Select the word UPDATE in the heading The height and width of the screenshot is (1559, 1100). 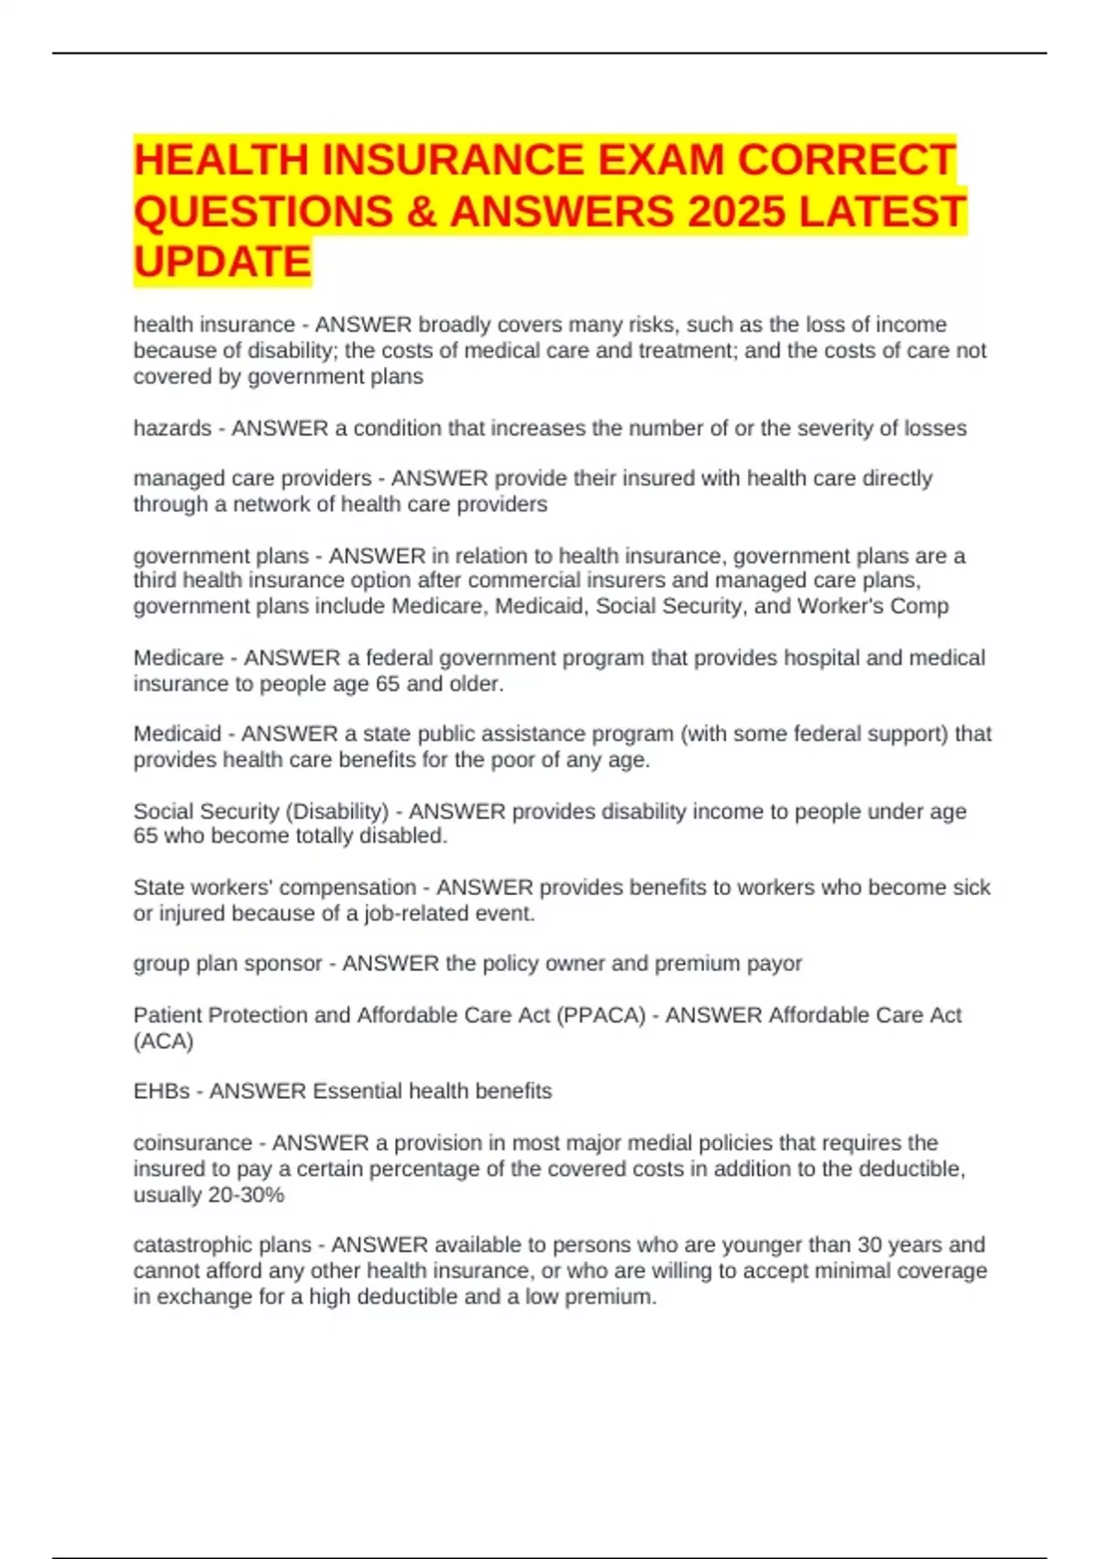click(223, 262)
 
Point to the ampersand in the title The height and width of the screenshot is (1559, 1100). click(420, 211)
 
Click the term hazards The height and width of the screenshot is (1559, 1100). click(172, 428)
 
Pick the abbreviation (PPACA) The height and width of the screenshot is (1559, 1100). click(600, 1015)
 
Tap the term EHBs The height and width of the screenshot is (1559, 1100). click(161, 1091)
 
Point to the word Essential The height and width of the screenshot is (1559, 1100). click(357, 1091)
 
